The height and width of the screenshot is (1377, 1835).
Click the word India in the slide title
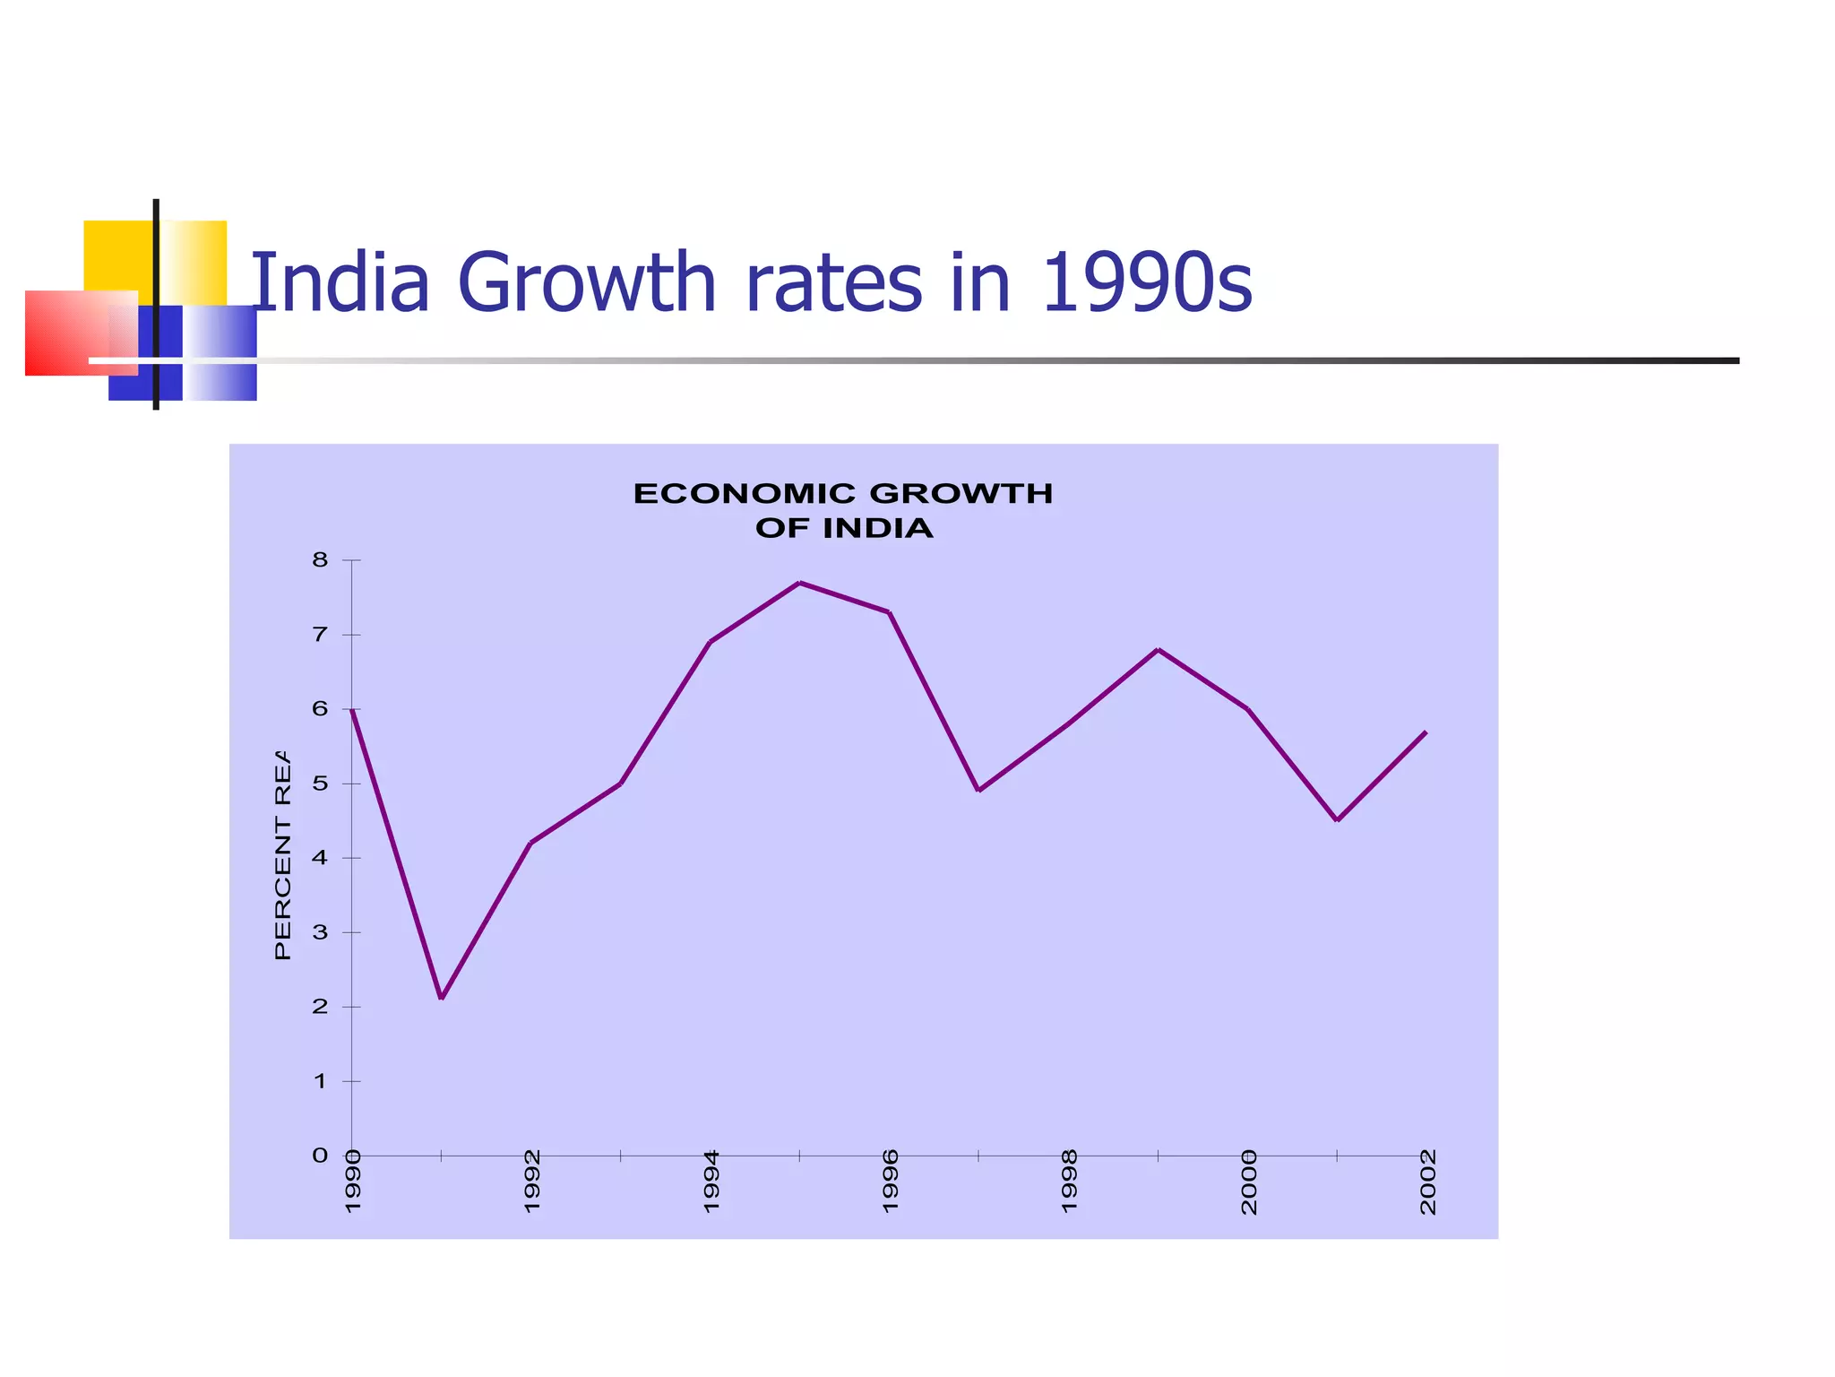[340, 283]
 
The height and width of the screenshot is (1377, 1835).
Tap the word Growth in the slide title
[587, 283]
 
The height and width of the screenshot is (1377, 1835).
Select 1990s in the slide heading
[1147, 283]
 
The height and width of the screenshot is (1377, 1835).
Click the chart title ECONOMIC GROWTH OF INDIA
[843, 510]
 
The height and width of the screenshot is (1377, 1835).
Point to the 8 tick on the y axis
[320, 560]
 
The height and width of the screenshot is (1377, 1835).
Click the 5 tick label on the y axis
[320, 784]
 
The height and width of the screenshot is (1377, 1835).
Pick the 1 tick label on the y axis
[320, 1081]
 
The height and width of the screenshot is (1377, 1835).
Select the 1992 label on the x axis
[532, 1182]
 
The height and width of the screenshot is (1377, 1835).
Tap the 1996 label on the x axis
[890, 1182]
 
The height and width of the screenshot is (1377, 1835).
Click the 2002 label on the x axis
[1427, 1182]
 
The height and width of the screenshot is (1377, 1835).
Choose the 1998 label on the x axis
[1069, 1182]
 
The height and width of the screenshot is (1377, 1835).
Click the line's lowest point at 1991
[442, 998]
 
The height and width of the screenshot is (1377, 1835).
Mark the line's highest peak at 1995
[799, 583]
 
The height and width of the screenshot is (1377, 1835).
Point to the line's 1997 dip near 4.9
[978, 790]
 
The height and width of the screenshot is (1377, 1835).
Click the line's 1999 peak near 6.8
[1159, 649]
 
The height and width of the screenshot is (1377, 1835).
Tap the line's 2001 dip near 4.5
[1337, 819]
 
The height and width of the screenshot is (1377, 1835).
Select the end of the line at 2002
[1425, 732]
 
